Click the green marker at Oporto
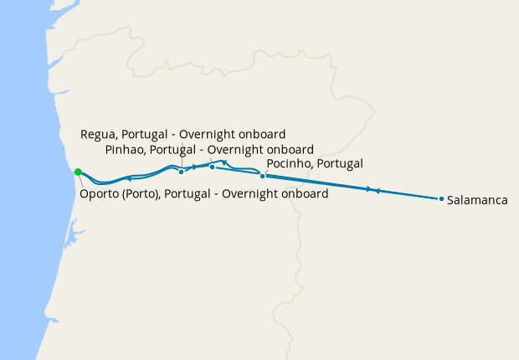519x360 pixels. click(x=78, y=172)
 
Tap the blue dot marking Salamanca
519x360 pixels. click(x=441, y=199)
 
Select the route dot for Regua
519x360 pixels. click(x=182, y=172)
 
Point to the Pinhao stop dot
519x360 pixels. click(x=212, y=167)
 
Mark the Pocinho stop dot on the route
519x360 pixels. click(x=263, y=176)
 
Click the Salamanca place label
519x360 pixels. click(x=478, y=200)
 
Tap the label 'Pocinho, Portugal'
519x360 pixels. click(x=314, y=163)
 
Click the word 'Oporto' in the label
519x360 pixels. click(x=100, y=194)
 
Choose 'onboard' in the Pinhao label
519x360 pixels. click(x=289, y=150)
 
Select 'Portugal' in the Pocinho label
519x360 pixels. click(x=338, y=163)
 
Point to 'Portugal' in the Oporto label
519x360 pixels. click(x=195, y=194)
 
